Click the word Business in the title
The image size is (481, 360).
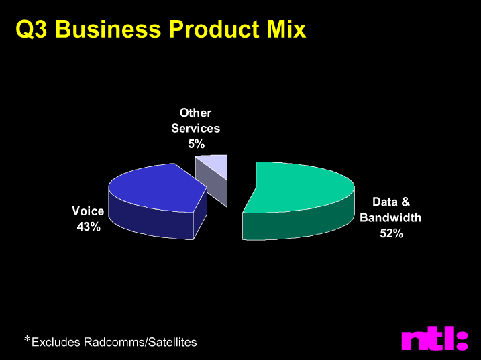[108, 29]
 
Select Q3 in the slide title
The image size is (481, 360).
[32, 29]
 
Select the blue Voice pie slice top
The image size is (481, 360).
[156, 188]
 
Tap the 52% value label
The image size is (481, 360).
[391, 233]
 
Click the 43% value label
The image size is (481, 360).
[89, 227]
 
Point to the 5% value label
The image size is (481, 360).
[197, 144]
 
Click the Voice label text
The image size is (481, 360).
[88, 211]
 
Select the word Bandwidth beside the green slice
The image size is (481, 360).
[390, 217]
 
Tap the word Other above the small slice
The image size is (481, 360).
[195, 113]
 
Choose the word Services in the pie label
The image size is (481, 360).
[195, 128]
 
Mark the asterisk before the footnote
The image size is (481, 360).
[28, 339]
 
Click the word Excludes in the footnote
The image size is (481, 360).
[56, 342]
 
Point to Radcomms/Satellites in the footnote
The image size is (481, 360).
[140, 342]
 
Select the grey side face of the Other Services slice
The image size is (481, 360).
[212, 182]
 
